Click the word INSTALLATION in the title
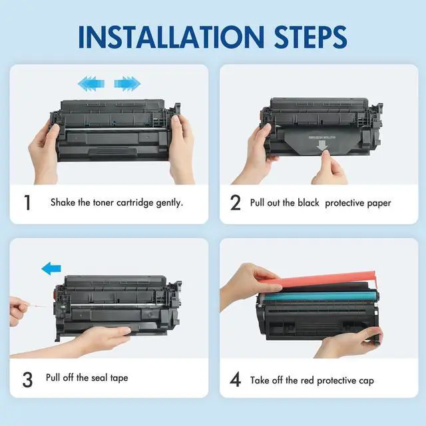click(171, 37)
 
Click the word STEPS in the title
click(310, 37)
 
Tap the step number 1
click(27, 202)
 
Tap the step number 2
click(235, 202)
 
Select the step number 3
click(27, 379)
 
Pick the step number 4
click(235, 379)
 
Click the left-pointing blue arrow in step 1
click(91, 83)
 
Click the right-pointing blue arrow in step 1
click(127, 83)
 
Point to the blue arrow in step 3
click(51, 268)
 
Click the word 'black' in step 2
click(308, 202)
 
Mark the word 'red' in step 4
click(308, 380)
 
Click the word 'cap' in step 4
click(367, 381)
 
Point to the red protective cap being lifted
click(326, 280)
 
